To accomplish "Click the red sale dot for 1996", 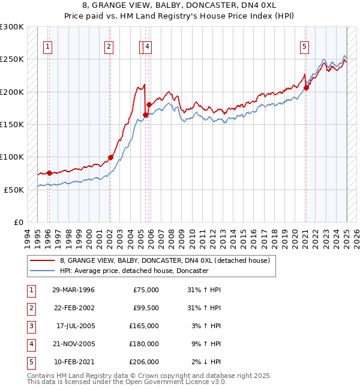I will click(49, 173).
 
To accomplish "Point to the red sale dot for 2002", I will click(110, 158).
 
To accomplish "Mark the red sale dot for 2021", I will click(306, 88).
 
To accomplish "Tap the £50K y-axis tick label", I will click(14, 190).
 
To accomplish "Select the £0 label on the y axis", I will click(19, 222).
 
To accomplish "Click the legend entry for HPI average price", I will click(134, 271).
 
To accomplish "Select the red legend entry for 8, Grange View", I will click(165, 260).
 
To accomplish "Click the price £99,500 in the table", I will click(145, 308).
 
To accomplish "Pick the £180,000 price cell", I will click(145, 344).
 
